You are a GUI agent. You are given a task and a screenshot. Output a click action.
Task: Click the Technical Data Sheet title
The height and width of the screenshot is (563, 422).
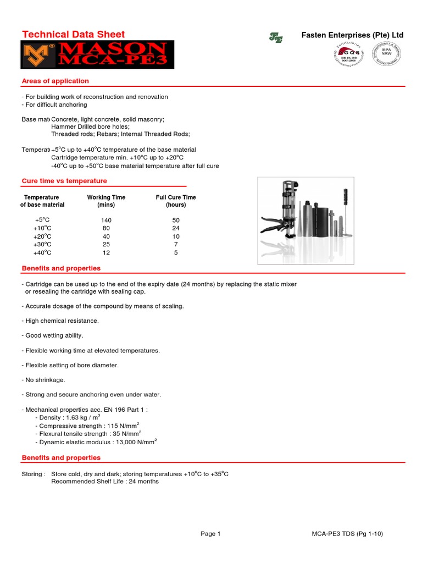pyautogui.click(x=73, y=35)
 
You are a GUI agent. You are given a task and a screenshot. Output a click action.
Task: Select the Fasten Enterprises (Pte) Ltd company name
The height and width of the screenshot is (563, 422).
pyautogui.click(x=352, y=35)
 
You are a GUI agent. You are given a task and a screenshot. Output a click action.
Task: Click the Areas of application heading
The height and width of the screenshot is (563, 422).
pyautogui.click(x=55, y=81)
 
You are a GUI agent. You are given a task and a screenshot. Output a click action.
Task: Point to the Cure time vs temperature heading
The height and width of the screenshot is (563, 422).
pyautogui.click(x=64, y=181)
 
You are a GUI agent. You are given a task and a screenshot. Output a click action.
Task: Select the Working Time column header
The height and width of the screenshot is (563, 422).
pyautogui.click(x=106, y=201)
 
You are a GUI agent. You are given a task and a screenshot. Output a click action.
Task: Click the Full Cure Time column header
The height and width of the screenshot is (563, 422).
pyautogui.click(x=176, y=201)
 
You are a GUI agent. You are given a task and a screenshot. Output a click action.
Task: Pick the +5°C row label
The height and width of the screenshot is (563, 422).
pyautogui.click(x=42, y=219)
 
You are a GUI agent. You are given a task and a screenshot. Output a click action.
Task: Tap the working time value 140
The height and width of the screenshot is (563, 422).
pyautogui.click(x=106, y=219)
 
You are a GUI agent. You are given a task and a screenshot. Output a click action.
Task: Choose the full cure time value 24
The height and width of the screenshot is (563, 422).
pyautogui.click(x=176, y=228)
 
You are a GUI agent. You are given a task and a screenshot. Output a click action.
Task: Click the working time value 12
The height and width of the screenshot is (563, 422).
pyautogui.click(x=106, y=252)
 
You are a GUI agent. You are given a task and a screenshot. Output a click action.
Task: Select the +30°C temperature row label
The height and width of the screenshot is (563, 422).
pyautogui.click(x=42, y=244)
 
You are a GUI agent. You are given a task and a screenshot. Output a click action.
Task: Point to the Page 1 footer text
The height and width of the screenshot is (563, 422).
pyautogui.click(x=210, y=533)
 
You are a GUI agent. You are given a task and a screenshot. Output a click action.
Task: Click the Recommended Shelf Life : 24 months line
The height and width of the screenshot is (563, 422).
pyautogui.click(x=104, y=481)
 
